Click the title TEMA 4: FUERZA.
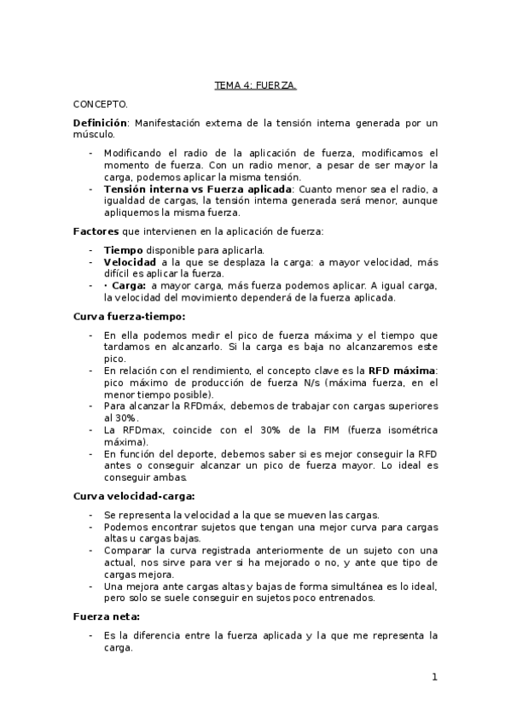tap(255, 85)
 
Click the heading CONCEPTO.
tap(100, 104)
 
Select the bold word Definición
tap(100, 123)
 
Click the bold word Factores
tap(95, 231)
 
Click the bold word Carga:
tap(126, 285)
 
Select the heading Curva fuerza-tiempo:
tap(123, 317)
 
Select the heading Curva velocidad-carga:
tap(135, 495)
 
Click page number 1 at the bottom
tap(434, 678)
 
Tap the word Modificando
tap(136, 153)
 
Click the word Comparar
tap(130, 551)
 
